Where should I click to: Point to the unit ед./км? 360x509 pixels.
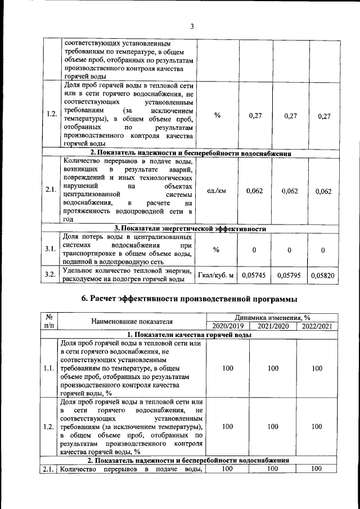tap(217, 191)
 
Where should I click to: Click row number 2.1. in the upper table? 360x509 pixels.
tap(51, 191)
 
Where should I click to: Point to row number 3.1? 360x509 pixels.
tap(51, 249)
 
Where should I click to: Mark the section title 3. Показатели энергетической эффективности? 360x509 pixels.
tap(191, 229)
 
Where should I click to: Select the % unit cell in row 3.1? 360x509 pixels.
tap(217, 249)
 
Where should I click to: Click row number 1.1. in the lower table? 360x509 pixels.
tap(50, 368)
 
